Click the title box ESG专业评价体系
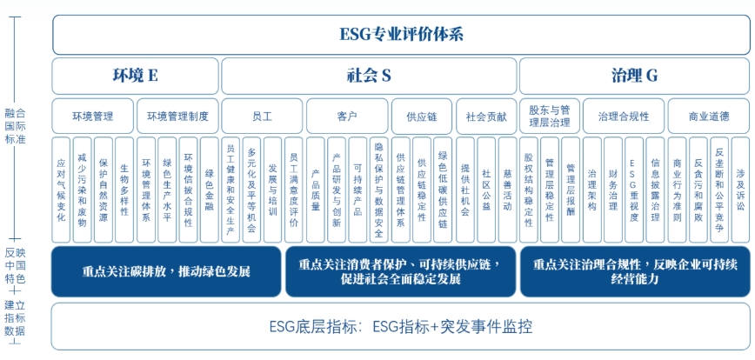[x=401, y=35]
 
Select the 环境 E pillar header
[x=136, y=76]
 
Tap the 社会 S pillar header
[x=369, y=76]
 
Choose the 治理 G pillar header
[x=634, y=76]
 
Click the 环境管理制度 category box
[x=177, y=116]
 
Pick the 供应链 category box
[x=421, y=116]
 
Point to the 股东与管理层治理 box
[x=550, y=116]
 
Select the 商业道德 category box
[x=709, y=116]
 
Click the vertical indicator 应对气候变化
[x=61, y=190]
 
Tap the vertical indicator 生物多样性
[x=124, y=190]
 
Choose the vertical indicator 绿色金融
[x=210, y=190]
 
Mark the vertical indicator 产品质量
[x=316, y=190]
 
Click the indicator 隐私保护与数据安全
[x=378, y=190]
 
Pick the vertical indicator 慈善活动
[x=507, y=190]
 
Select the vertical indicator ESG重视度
[x=633, y=190]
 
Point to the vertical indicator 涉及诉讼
[x=740, y=190]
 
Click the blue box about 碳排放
[x=166, y=271]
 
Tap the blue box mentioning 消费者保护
[x=400, y=271]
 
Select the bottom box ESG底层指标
[x=401, y=326]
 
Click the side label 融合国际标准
[x=15, y=127]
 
